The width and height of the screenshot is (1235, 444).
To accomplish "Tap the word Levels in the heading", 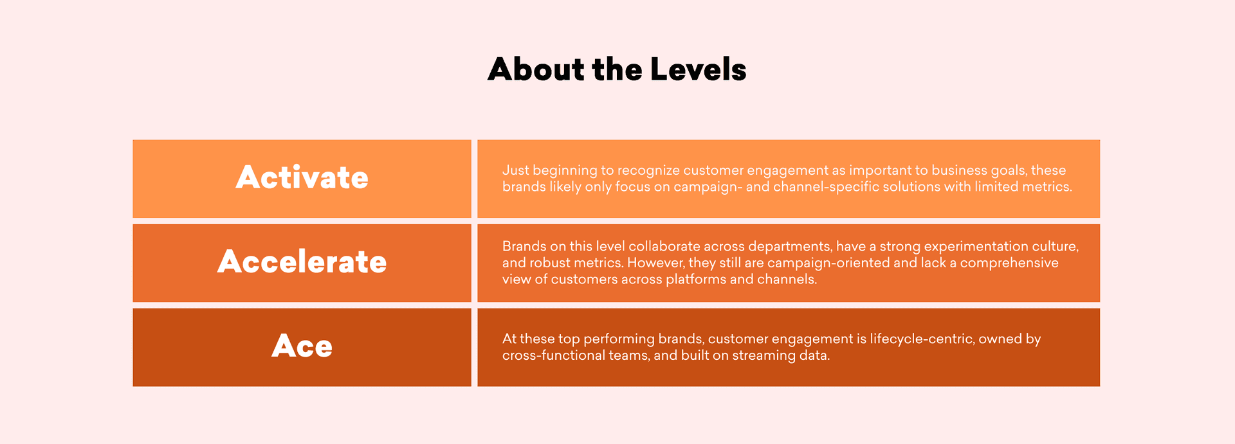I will point(698,69).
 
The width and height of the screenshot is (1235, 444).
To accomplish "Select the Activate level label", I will point(302,178).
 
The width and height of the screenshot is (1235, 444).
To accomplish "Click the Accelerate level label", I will point(302,262).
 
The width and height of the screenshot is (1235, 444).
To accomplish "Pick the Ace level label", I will point(302,346).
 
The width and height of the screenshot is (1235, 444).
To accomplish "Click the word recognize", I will point(648,170).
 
